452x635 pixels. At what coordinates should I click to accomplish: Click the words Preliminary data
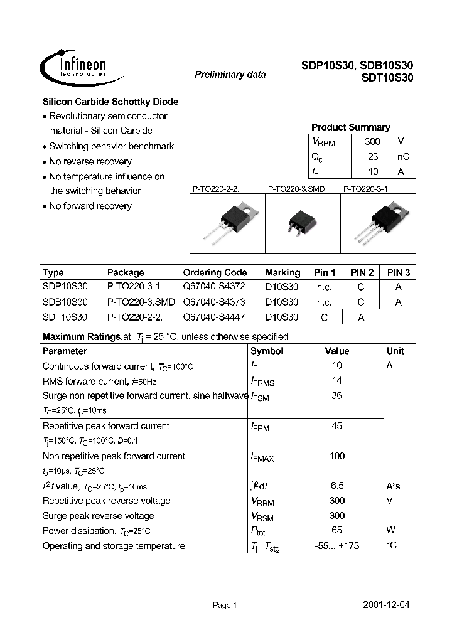point(230,75)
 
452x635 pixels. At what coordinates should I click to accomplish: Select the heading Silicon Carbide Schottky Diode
point(110,102)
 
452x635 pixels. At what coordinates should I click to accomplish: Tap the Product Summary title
point(350,127)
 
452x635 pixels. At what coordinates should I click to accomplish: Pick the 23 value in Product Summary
point(372,157)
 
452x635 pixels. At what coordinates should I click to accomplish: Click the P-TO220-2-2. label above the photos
point(217,189)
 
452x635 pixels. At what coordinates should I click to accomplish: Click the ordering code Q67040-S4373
point(213,302)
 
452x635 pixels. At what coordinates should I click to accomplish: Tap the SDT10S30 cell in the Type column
point(65,317)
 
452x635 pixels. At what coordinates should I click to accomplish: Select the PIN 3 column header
point(399,273)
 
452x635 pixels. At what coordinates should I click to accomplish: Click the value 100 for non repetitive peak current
point(337,456)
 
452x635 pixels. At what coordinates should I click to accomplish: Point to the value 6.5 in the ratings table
point(337,486)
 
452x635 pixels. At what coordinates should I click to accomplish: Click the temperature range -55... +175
point(337,546)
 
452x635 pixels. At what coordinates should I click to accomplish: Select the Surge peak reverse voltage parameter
point(98,516)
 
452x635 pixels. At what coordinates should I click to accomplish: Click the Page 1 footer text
point(225,606)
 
